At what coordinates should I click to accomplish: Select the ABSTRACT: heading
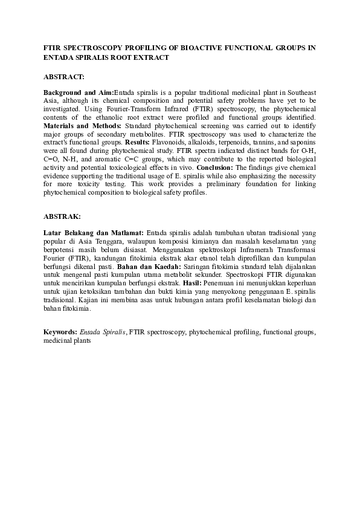point(64,77)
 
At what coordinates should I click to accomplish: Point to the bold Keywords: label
point(60,332)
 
